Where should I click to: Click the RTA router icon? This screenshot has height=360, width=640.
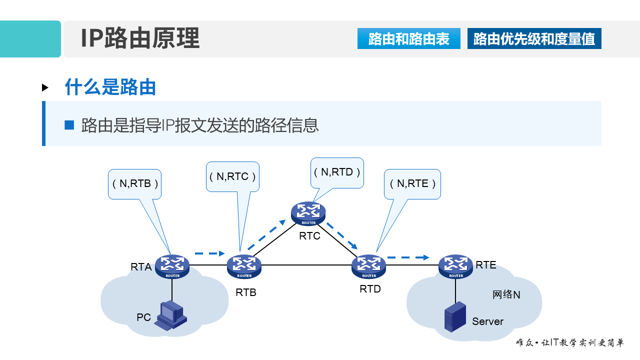pos(172,266)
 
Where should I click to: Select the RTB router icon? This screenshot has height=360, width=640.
pos(244,266)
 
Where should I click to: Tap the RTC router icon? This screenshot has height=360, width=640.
pos(308,213)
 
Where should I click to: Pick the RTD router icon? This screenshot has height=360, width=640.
pos(369,266)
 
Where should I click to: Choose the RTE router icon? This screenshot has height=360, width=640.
pos(456,266)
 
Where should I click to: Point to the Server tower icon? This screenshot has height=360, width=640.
pos(455,316)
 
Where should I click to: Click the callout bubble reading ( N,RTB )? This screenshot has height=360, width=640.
pos(135,183)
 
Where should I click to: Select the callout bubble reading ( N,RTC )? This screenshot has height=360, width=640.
pos(232,176)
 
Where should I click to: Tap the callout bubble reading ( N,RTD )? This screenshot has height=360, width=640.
pos(337,172)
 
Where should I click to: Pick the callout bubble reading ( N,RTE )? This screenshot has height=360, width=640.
pos(412,183)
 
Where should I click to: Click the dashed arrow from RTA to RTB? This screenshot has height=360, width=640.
pos(209,253)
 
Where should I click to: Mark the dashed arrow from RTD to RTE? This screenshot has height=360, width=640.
pos(408,257)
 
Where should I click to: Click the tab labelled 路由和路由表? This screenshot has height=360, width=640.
pos(408,39)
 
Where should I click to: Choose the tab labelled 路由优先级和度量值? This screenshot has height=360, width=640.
pos(534,39)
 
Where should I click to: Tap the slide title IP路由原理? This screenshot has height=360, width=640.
pos(140,38)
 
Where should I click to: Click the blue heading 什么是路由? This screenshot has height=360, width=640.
pos(110,87)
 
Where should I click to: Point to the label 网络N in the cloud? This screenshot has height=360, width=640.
pos(506,294)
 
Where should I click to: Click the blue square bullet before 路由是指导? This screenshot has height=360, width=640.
pos(69,125)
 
